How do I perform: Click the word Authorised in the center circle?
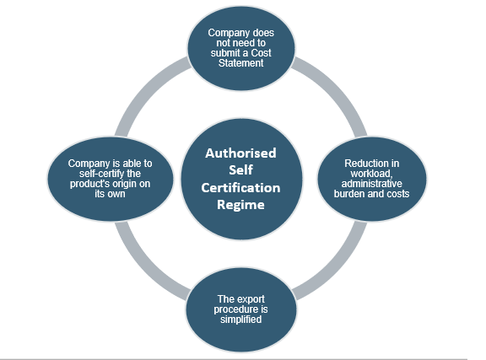(240, 153)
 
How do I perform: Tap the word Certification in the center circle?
(240, 188)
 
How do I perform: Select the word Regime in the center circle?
(240, 205)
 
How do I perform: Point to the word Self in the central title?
(240, 170)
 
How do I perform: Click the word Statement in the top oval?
(240, 63)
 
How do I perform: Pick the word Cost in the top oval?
(261, 52)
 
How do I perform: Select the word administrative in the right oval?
(371, 184)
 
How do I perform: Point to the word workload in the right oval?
(371, 174)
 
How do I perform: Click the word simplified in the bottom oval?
(240, 319)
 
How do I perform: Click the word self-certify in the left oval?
(98, 174)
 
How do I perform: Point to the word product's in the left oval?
(89, 184)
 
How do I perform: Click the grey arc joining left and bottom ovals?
(146, 269)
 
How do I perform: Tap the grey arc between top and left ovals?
(147, 91)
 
